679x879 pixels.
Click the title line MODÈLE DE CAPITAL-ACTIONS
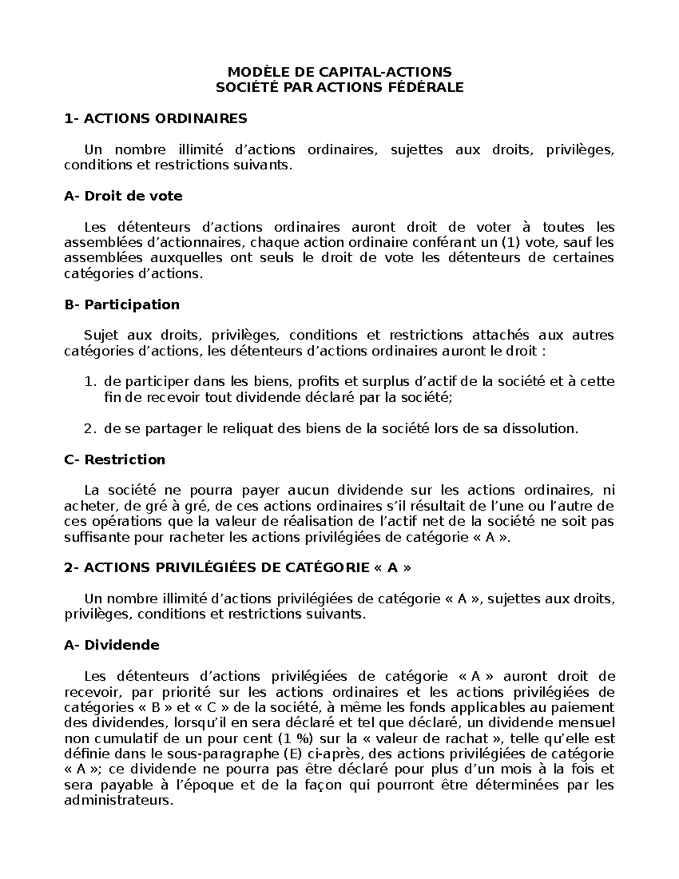339,72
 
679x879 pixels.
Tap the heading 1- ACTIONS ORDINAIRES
156,119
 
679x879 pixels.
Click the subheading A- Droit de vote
123,196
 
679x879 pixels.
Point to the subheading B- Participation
122,305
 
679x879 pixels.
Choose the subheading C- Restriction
115,460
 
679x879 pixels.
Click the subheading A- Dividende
112,645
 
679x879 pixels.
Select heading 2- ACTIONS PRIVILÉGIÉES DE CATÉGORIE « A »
238,568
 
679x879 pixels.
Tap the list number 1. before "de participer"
91,382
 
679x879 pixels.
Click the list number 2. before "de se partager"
91,428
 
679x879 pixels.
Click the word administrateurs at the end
117,801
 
